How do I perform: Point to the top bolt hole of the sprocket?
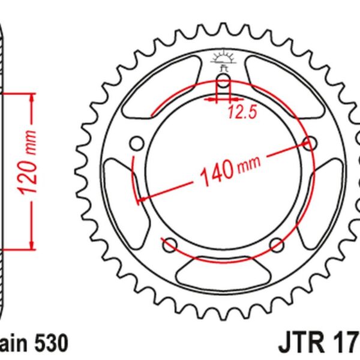224,81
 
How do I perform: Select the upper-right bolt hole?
311,143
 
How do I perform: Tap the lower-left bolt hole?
169,244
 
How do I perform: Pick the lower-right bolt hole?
277,244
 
